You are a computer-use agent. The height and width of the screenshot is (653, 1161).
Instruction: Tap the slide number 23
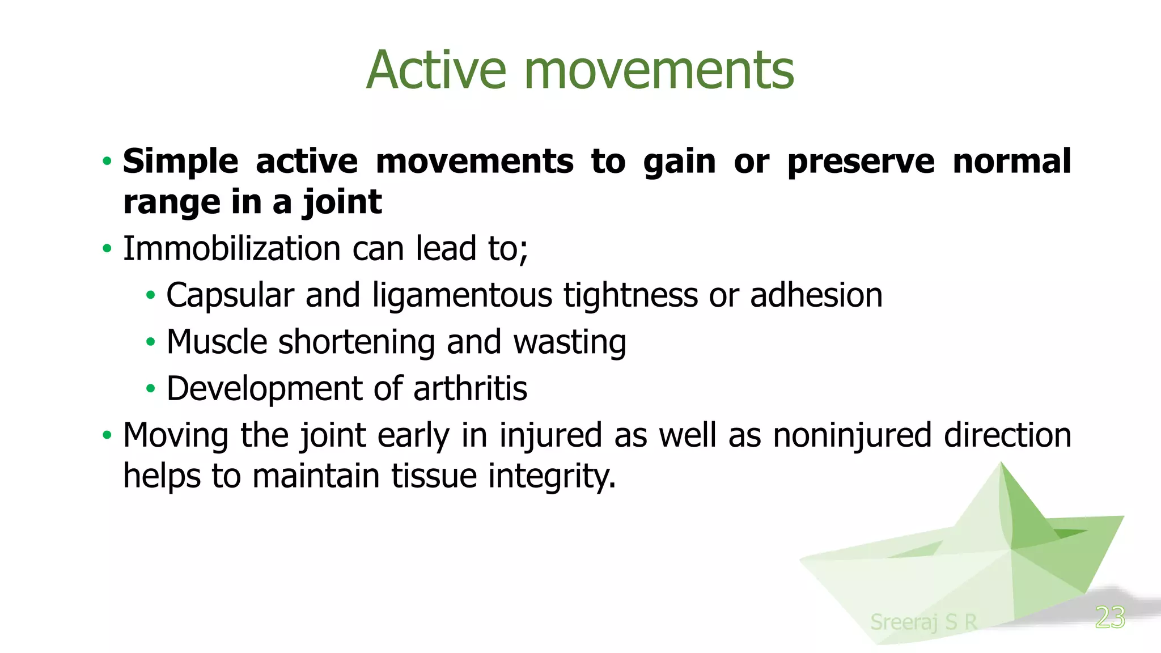[x=1110, y=617]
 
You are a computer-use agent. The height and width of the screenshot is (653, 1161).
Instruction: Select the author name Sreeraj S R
[x=923, y=622]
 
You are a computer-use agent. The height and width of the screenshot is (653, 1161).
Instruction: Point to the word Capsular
[x=230, y=295]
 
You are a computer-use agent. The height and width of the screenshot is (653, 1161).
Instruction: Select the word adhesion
[x=816, y=295]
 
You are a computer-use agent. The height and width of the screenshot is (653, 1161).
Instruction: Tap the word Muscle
[x=217, y=342]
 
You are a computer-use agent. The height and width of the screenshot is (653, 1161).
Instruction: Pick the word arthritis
[x=471, y=389]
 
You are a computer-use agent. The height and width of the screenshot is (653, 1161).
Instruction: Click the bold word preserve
[x=861, y=162]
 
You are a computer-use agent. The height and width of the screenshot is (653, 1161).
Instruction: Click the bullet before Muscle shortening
[x=150, y=342]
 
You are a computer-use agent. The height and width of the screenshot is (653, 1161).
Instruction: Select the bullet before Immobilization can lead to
[x=107, y=249]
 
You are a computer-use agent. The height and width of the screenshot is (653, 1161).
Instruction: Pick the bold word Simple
[x=180, y=162]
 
